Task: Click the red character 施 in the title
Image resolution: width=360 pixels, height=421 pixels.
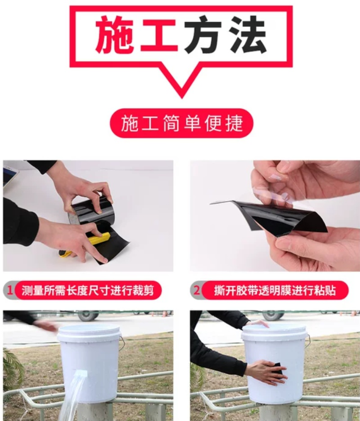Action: coord(115,35)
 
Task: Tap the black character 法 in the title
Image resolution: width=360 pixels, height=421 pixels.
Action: coord(247,35)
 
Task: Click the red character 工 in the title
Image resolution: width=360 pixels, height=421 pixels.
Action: coord(159,35)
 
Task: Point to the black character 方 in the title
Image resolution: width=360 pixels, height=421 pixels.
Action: coord(203,35)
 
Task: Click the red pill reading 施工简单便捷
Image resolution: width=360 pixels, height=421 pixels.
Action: coord(182,123)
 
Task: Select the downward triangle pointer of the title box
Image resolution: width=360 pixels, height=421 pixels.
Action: coord(182,81)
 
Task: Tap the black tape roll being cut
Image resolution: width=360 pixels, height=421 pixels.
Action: coord(94,212)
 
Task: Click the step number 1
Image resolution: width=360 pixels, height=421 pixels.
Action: coord(10,290)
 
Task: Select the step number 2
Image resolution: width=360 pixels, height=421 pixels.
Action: coord(197,290)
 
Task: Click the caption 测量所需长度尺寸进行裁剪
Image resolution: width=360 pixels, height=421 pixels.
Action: coord(88,290)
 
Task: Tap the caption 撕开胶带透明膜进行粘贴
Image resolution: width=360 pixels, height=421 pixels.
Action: coord(274,290)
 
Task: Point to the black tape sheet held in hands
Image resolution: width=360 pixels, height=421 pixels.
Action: coord(271,217)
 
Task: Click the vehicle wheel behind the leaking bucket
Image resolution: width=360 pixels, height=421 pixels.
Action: coord(88,316)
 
